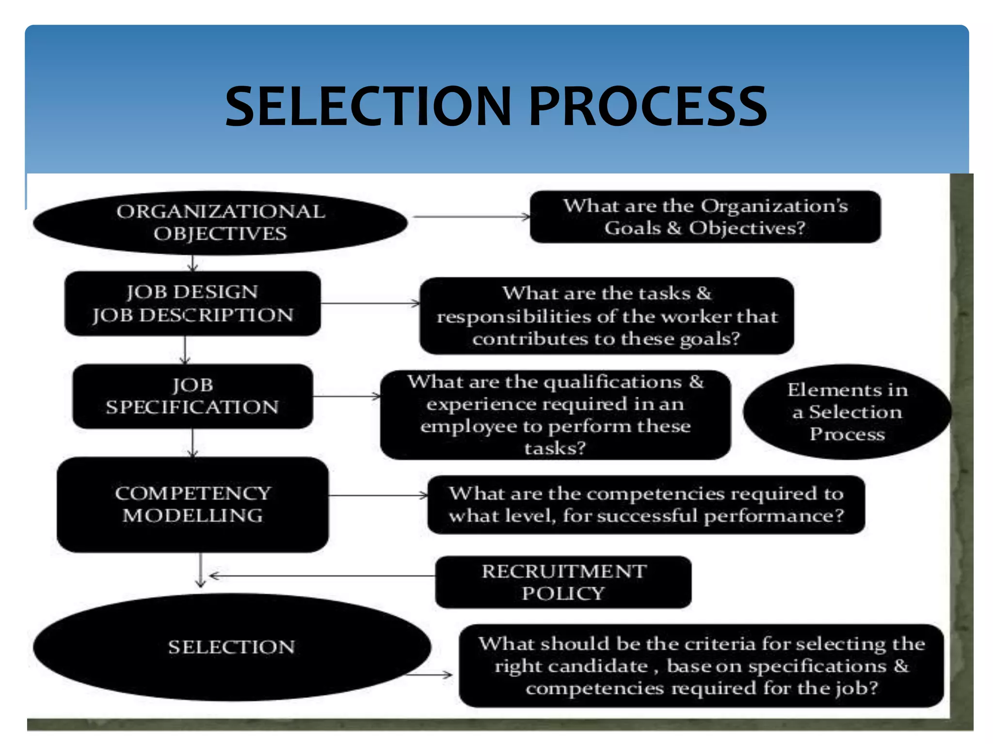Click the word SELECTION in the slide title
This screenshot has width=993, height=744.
click(x=368, y=106)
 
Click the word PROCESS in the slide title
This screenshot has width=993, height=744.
click(x=648, y=106)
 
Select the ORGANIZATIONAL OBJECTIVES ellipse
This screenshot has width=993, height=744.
click(x=220, y=223)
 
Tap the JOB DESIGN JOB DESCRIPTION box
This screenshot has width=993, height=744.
click(x=192, y=303)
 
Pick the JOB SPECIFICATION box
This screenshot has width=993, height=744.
click(x=192, y=396)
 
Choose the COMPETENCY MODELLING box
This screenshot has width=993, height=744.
click(x=192, y=504)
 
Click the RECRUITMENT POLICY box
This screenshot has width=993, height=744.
click(x=563, y=582)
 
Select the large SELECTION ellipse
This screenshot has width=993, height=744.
click(x=232, y=647)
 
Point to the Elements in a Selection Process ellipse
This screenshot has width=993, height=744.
click(x=847, y=412)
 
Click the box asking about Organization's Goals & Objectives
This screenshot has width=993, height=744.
click(x=705, y=217)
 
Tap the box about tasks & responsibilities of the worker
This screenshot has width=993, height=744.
click(x=606, y=316)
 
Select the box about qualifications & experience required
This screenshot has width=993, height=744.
click(x=555, y=415)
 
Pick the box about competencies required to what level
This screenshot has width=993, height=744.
click(x=646, y=505)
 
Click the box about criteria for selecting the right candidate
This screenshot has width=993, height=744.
click(x=701, y=666)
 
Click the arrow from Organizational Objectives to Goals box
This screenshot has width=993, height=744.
click(x=470, y=217)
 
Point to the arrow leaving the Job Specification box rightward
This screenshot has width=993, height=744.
click(x=347, y=397)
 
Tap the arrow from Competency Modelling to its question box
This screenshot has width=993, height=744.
click(x=378, y=496)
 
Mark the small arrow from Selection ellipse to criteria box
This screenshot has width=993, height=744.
click(x=430, y=674)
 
